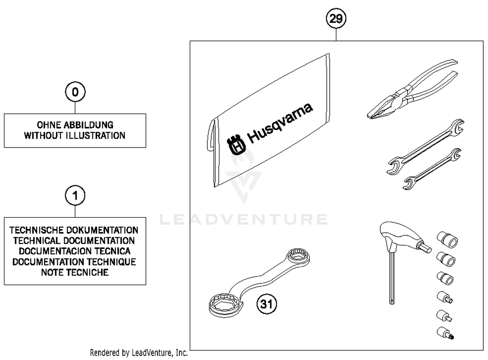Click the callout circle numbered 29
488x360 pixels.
(336, 18)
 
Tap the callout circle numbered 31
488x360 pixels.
(266, 304)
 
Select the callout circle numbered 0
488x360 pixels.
(75, 92)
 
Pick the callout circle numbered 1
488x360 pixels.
(75, 196)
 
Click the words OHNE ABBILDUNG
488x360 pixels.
(75, 125)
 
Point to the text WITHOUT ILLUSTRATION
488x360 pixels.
(75, 136)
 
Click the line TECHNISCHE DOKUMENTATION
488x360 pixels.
(74, 230)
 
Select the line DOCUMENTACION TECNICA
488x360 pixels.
(75, 251)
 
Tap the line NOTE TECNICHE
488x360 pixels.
(75, 272)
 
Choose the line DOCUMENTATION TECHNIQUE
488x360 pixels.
(74, 262)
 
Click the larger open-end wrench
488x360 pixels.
(426, 146)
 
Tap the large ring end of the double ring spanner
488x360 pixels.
(225, 305)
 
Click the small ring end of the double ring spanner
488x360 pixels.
(298, 256)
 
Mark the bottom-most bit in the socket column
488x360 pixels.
(445, 333)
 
